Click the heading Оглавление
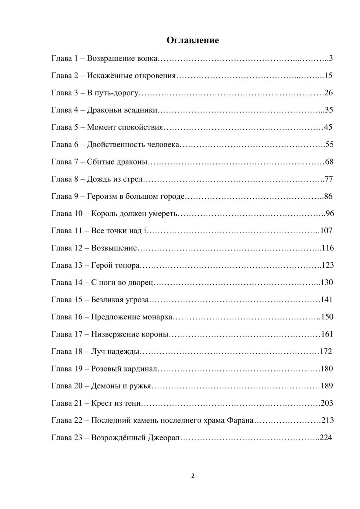pos(193,40)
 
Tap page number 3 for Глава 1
pos(331,58)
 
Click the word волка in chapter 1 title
pos(148,58)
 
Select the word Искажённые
pos(109,76)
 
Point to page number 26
pos(329,93)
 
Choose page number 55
pos(329,145)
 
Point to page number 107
pos(326,231)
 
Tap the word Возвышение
pos(114,248)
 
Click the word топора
pos(127,266)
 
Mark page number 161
pos(327,334)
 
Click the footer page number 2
pos(193,476)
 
